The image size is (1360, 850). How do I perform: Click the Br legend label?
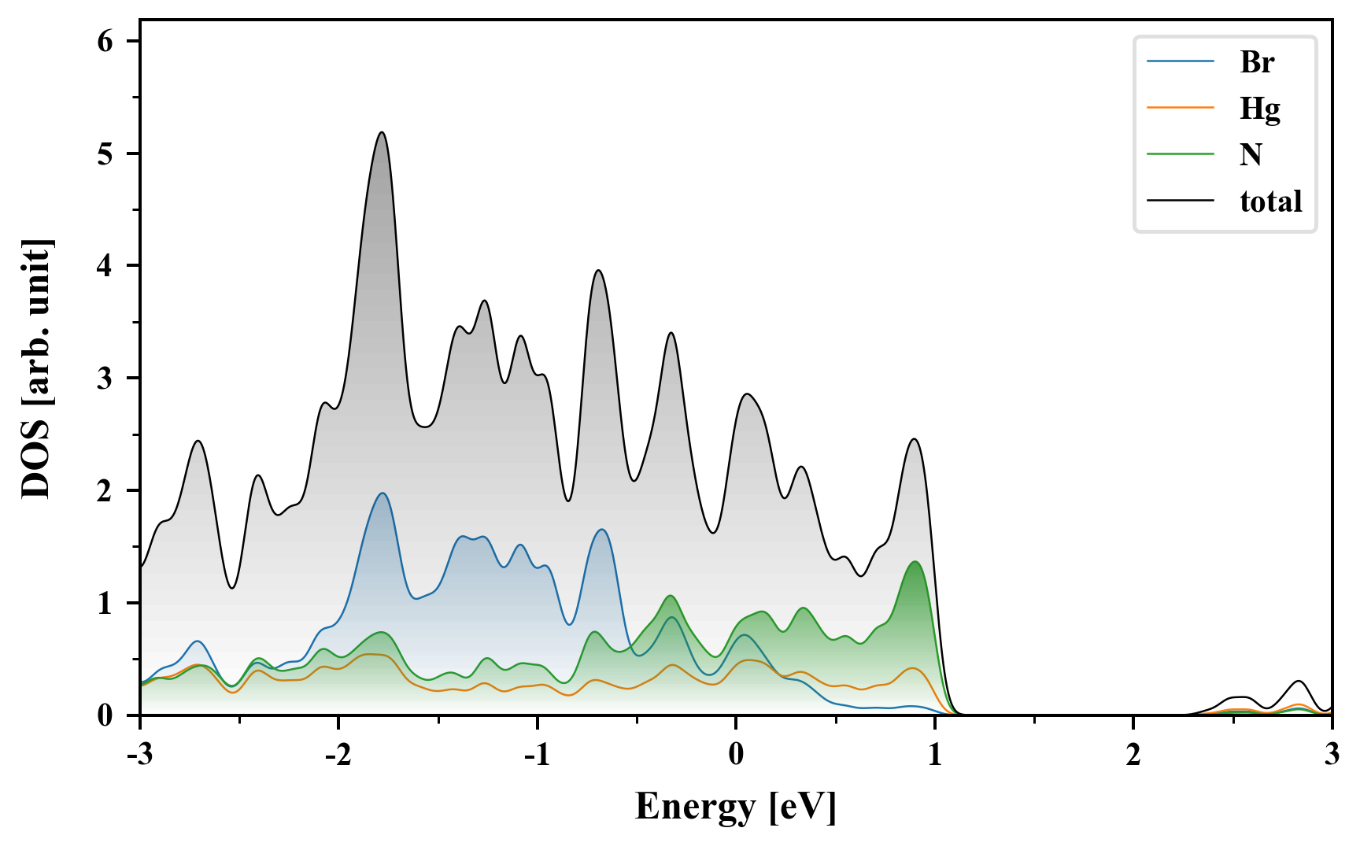[1256, 62]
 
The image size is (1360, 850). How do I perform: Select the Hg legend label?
[1259, 108]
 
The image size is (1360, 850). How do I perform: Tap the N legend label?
[1251, 154]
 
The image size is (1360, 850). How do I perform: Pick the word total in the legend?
[1270, 201]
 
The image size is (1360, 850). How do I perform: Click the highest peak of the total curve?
[382, 133]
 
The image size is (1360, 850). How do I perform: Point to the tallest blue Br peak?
[382, 493]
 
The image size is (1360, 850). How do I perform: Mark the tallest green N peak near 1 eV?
[915, 562]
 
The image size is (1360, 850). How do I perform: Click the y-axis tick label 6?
[105, 42]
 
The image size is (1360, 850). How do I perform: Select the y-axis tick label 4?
[105, 266]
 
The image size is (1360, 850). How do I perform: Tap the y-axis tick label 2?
[105, 491]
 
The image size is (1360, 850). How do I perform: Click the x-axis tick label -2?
[338, 755]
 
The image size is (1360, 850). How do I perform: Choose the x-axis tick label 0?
[736, 755]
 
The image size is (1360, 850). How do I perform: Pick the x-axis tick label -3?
[139, 755]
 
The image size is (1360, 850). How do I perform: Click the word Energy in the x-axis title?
[695, 807]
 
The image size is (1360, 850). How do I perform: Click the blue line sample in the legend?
[1180, 62]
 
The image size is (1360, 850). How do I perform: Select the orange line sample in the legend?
[1180, 108]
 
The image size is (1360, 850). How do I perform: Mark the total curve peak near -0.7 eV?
[599, 271]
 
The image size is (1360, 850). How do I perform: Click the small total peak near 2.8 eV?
[1299, 682]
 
